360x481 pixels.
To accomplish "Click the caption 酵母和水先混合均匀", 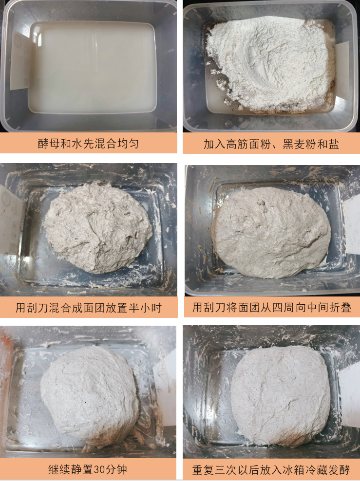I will tap(88, 144).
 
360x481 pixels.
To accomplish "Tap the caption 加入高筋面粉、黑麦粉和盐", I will tap(271, 144).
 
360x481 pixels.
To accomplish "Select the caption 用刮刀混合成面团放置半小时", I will tap(89, 308).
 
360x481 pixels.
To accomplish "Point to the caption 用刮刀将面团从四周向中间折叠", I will tap(272, 307).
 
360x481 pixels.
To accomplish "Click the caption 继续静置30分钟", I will tap(88, 470).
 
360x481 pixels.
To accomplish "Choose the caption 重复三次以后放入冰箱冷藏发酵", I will tap(271, 470).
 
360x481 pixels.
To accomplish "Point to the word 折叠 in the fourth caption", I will tap(341, 307).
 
